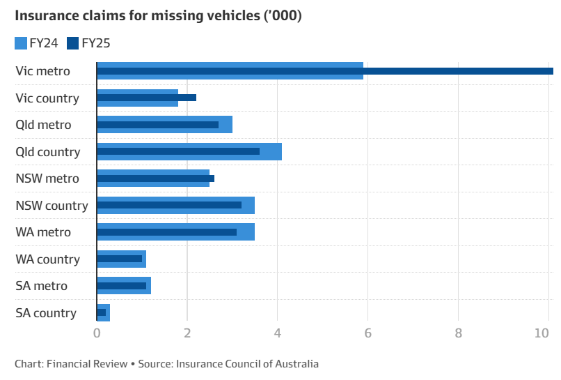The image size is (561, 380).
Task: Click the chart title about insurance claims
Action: pos(158,15)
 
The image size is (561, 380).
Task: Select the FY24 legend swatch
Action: pos(20,43)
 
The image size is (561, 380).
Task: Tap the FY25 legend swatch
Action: pos(72,43)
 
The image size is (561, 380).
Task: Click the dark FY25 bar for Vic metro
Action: pos(324,70)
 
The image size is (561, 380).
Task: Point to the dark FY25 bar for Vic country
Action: pos(146,98)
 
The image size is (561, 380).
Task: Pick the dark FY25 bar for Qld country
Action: pos(178,151)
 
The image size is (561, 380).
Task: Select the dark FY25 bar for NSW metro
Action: pos(155,178)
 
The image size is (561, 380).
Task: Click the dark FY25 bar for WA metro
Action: pos(166,231)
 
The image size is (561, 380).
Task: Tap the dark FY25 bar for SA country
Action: pos(102,312)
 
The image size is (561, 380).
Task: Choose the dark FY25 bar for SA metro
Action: pos(122,285)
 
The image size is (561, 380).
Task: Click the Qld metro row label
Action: pos(43,125)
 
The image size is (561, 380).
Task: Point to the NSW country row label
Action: pos(52,205)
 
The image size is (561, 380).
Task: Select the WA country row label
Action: pos(47,259)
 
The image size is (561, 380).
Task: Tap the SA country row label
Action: pos(46,312)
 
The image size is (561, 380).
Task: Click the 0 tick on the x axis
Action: pos(97,333)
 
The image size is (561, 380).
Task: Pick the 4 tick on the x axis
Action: pos(277,333)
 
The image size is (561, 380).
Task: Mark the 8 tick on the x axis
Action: pos(458,333)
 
